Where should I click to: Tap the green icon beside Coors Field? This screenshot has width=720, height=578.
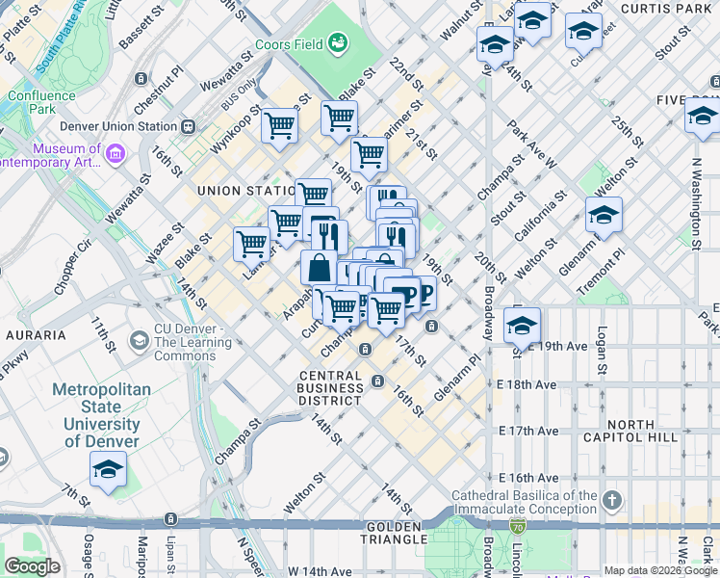point(338,42)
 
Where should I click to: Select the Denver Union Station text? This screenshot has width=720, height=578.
point(118,126)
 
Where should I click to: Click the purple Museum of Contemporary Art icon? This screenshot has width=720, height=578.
point(116,153)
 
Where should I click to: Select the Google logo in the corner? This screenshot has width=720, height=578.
point(32,566)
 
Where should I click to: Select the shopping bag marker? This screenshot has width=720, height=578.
point(319,268)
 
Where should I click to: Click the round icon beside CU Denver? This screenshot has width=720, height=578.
point(140,340)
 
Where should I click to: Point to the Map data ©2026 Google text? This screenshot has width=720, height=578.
point(660,570)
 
